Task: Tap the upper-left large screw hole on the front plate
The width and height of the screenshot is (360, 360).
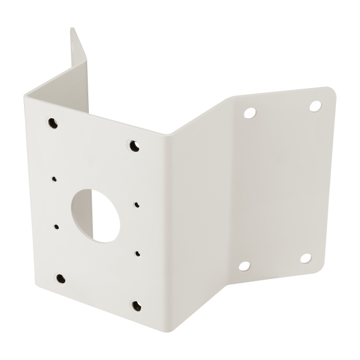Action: [52, 123]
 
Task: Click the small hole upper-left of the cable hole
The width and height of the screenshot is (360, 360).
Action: [54, 178]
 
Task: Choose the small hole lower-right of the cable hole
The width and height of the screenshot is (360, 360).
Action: [137, 254]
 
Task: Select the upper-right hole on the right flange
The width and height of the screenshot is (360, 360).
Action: [314, 106]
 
